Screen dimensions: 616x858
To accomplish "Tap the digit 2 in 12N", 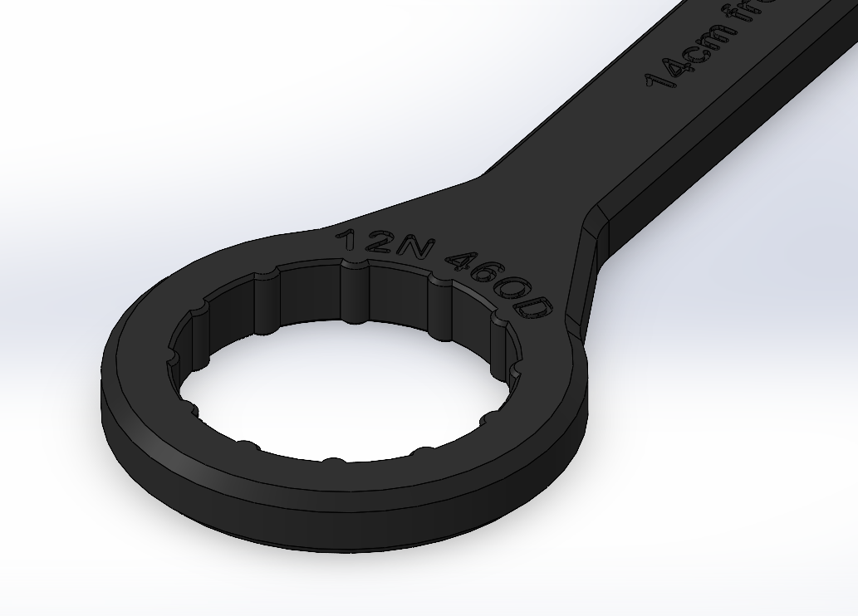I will click(370, 242).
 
